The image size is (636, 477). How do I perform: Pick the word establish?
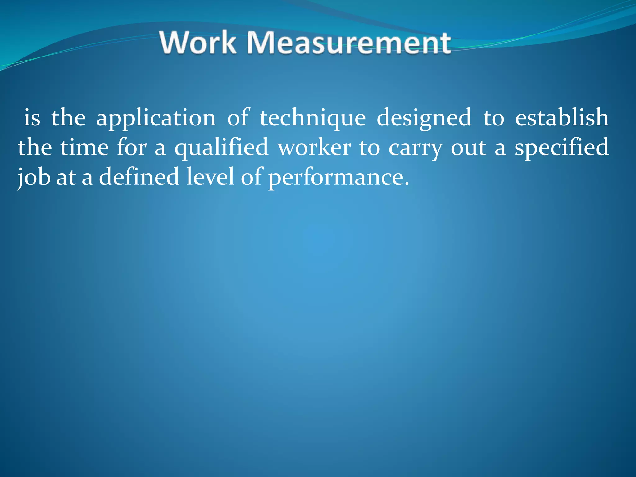pos(562,118)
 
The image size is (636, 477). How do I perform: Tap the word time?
pos(84,148)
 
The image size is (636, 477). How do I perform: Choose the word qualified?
pos(221,148)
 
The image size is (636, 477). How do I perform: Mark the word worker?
pos(314,148)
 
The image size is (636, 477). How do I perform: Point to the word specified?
pos(561,148)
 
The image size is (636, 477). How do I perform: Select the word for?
pos(131,147)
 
